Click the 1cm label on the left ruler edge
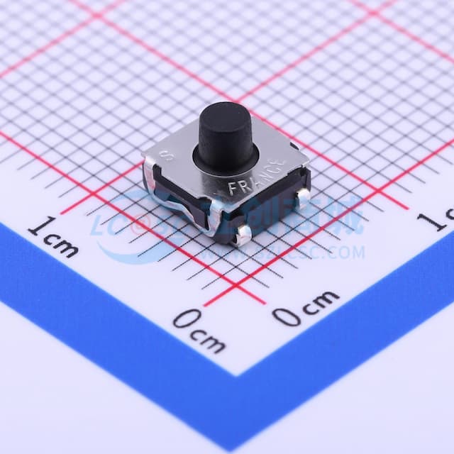coord(52,237)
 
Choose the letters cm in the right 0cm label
coord(318,301)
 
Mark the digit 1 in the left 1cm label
coord(35,228)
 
